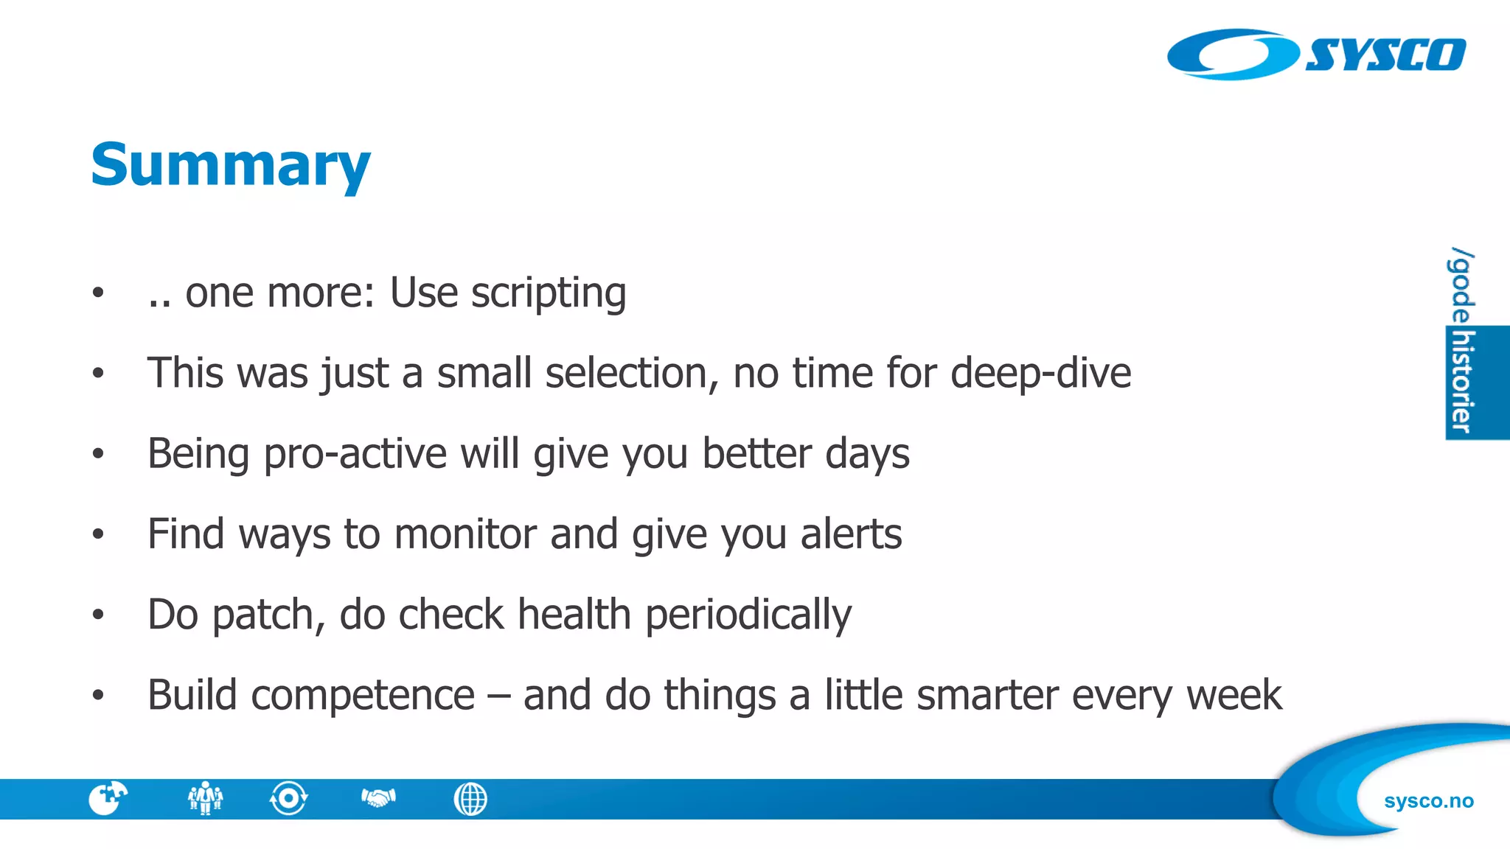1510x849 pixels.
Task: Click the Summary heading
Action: pyautogui.click(x=230, y=165)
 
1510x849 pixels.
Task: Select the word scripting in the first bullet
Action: pyautogui.click(x=549, y=293)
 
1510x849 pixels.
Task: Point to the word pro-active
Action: pyautogui.click(x=355, y=453)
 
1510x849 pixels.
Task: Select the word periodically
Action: pyautogui.click(x=748, y=615)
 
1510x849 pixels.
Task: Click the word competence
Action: pyautogui.click(x=362, y=695)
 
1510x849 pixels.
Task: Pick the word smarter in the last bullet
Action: pyautogui.click(x=987, y=695)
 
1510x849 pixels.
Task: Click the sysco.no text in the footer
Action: pyautogui.click(x=1428, y=800)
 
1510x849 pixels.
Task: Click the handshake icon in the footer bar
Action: pyautogui.click(x=378, y=798)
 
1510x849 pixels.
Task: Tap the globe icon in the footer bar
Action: pyautogui.click(x=470, y=799)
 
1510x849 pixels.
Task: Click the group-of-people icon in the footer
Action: pyautogui.click(x=205, y=798)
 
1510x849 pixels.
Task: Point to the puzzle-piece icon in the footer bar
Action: pyautogui.click(x=108, y=798)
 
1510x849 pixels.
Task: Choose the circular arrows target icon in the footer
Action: pyautogui.click(x=288, y=798)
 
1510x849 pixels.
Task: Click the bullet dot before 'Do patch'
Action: pyautogui.click(x=98, y=615)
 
